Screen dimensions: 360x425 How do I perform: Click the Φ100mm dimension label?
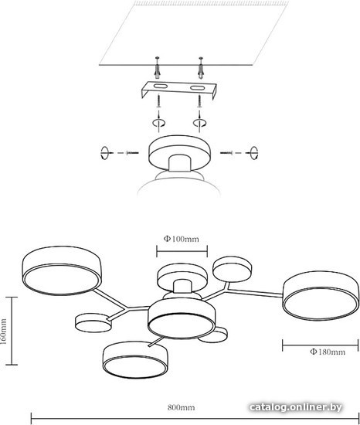[182, 239]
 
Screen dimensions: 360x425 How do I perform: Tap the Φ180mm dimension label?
[328, 352]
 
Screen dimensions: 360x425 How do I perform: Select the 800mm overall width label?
[181, 407]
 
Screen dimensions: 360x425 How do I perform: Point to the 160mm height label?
[4, 331]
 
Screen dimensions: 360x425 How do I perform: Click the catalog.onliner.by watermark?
[295, 406]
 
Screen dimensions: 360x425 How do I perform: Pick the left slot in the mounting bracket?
[161, 87]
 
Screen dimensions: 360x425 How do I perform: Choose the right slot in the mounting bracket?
[197, 88]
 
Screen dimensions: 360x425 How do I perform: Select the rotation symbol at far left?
[104, 153]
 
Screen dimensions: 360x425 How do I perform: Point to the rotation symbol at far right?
[254, 153]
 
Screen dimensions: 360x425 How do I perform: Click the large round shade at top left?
[62, 270]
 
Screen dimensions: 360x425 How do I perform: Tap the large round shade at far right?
[321, 295]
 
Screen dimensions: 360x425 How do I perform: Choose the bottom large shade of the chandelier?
[135, 359]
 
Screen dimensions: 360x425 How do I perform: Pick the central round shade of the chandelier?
[182, 318]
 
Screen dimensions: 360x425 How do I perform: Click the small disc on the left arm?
[93, 323]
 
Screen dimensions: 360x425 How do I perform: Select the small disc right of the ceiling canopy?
[232, 269]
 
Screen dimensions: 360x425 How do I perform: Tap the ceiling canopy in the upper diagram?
[179, 153]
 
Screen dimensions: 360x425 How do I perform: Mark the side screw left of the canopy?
[132, 153]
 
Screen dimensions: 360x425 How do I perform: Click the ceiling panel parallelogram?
[194, 33]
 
